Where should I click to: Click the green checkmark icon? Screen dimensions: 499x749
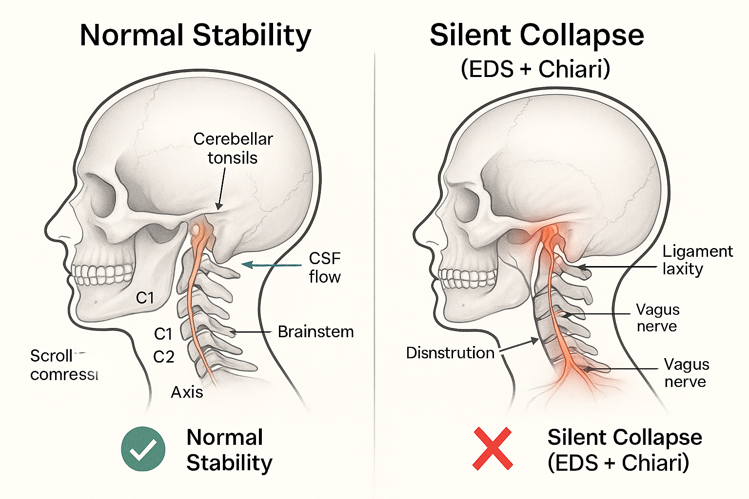pyautogui.click(x=143, y=449)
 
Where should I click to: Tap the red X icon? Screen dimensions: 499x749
pyautogui.click(x=493, y=448)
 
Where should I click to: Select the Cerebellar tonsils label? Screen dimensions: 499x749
pyautogui.click(x=233, y=148)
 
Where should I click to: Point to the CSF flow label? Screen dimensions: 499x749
pyautogui.click(x=325, y=267)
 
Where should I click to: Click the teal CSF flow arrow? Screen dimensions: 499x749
pyautogui.click(x=272, y=265)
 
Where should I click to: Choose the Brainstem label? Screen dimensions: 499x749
pyautogui.click(x=315, y=332)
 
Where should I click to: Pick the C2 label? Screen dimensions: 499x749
pyautogui.click(x=164, y=357)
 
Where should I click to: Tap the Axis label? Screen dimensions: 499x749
pyautogui.click(x=187, y=392)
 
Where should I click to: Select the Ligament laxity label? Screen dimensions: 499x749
pyautogui.click(x=697, y=260)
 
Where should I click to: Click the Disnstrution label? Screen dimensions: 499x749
pyautogui.click(x=450, y=353)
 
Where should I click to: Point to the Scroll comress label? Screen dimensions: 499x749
pyautogui.click(x=63, y=365)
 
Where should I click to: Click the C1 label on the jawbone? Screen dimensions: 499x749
pyautogui.click(x=145, y=297)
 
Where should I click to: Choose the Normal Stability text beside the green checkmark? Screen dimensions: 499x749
pyautogui.click(x=229, y=449)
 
